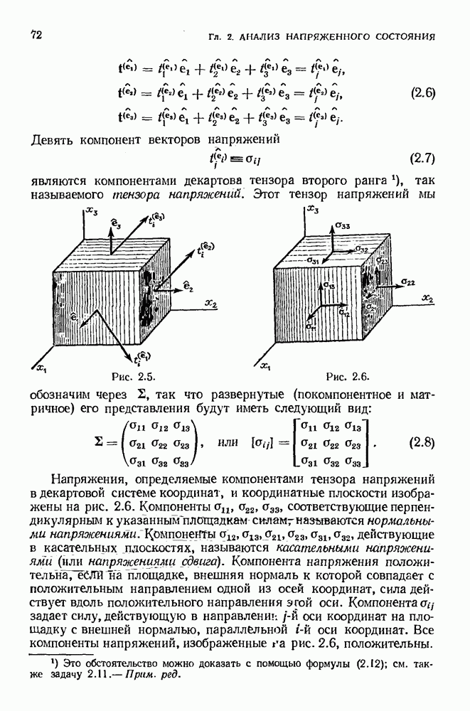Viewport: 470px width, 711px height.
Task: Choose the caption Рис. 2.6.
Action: pos(348,375)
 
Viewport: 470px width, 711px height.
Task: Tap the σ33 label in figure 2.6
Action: pos(342,227)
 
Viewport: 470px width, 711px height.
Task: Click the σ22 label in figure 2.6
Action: pos(407,282)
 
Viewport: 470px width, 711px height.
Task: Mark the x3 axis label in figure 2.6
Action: pos(312,210)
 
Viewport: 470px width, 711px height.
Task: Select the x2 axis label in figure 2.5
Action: pos(211,304)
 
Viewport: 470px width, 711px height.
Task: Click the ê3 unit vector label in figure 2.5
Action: pos(117,225)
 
